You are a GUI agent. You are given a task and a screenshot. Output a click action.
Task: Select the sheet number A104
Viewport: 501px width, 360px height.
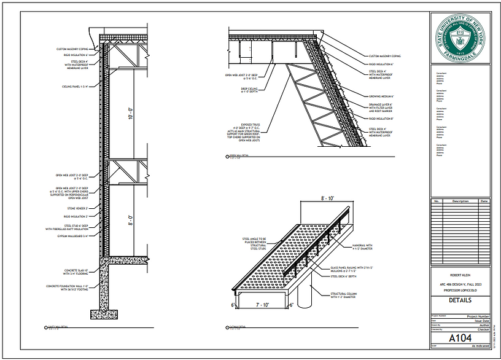[460, 337]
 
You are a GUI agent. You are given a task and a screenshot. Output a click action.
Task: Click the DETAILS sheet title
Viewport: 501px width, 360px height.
[460, 300]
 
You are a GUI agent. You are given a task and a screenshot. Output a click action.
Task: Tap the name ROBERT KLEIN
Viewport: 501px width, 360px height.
[460, 275]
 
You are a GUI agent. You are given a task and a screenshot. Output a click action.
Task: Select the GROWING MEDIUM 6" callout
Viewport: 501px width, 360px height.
[381, 96]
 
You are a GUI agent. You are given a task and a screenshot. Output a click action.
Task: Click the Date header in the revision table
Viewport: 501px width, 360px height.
[484, 201]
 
